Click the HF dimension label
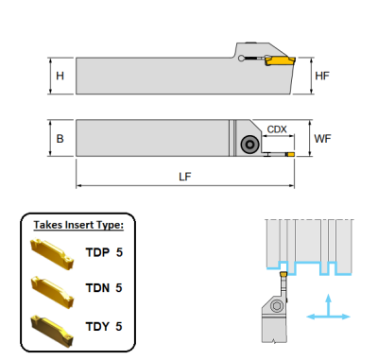tap(321, 76)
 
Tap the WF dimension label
tap(322, 139)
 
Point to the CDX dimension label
tap(277, 129)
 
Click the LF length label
tap(184, 176)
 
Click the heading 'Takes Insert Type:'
tap(79, 225)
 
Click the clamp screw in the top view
tap(250, 145)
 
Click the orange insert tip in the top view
tap(291, 153)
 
